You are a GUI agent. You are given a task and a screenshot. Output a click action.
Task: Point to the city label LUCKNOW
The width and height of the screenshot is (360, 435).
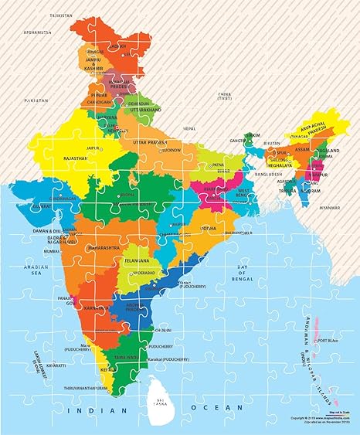171,150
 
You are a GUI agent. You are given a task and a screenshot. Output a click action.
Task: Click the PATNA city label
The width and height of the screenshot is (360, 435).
219,165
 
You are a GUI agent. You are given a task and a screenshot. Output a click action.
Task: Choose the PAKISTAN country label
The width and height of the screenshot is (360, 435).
35,100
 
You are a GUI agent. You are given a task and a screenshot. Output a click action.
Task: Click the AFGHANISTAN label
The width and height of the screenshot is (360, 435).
36,32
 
